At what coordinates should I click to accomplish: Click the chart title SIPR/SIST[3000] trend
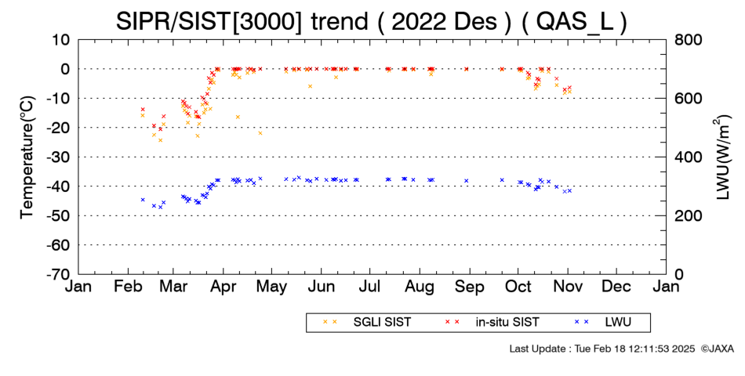click(242, 22)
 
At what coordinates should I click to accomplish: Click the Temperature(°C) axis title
click(27, 157)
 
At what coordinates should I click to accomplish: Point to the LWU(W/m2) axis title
click(721, 157)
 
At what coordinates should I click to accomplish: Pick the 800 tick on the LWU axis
click(689, 40)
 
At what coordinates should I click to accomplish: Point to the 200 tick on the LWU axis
click(689, 216)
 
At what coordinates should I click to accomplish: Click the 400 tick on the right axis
click(689, 157)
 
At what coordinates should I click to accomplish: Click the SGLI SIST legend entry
click(366, 323)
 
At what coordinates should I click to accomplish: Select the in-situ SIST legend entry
click(492, 323)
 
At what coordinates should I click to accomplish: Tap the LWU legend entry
click(602, 323)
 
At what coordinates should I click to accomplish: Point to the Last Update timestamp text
click(602, 349)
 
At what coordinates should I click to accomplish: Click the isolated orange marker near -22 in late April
click(260, 133)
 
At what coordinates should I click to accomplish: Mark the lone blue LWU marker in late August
click(467, 181)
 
